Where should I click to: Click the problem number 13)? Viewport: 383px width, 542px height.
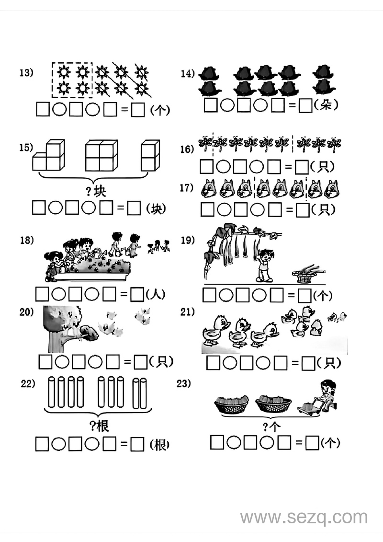[x=26, y=73]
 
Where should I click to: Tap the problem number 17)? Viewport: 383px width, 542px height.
[x=187, y=188]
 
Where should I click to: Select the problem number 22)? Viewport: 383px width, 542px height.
[x=28, y=384]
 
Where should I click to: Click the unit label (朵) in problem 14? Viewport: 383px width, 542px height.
[x=326, y=105]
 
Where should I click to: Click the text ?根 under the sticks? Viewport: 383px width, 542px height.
[x=99, y=426]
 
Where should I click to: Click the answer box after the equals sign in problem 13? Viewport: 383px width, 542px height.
[x=138, y=110]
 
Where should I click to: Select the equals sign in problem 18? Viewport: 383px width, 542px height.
[x=124, y=295]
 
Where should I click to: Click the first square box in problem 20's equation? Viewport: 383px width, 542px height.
[x=45, y=362]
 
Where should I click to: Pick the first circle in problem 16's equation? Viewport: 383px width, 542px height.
[x=223, y=167]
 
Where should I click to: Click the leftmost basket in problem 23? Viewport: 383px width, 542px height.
[x=231, y=405]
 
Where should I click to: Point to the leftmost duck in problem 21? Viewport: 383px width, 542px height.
[x=214, y=331]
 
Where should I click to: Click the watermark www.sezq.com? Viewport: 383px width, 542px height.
[x=304, y=518]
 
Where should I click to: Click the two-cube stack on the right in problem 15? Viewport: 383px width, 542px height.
[x=150, y=155]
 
